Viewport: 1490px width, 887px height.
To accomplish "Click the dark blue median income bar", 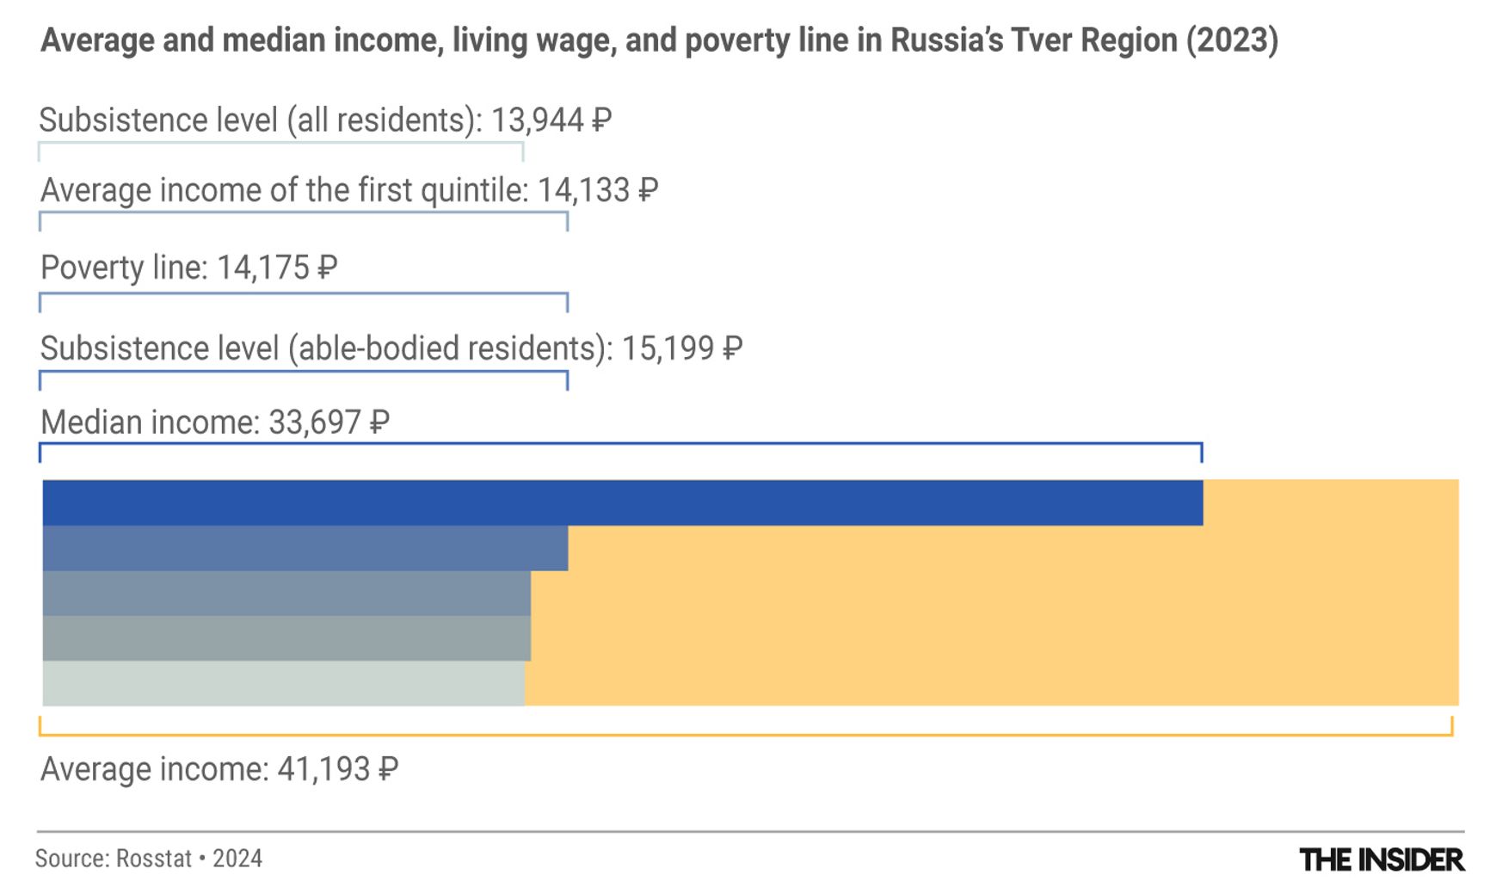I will point(622,502).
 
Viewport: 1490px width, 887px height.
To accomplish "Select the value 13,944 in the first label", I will point(537,120).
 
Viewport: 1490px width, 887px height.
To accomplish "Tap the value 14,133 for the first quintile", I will point(583,190).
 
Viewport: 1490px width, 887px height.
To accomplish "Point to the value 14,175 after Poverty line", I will point(262,268).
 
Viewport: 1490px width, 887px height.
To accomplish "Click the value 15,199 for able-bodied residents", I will point(668,348).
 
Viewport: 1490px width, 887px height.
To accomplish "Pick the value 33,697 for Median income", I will point(314,422).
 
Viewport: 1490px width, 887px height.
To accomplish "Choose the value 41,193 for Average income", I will point(323,769).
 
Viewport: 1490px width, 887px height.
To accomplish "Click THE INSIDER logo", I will point(1381,859).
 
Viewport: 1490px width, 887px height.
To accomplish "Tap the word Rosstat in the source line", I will point(154,859).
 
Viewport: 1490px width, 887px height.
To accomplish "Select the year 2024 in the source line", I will point(237,859).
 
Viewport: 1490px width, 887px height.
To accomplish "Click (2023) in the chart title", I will point(1231,40).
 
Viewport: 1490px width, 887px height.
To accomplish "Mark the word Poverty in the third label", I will point(92,268).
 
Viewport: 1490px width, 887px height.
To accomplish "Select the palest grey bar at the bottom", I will point(283,684).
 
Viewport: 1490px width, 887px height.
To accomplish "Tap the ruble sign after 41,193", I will point(388,769).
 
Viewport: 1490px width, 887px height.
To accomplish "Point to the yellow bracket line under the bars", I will point(745,735).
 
